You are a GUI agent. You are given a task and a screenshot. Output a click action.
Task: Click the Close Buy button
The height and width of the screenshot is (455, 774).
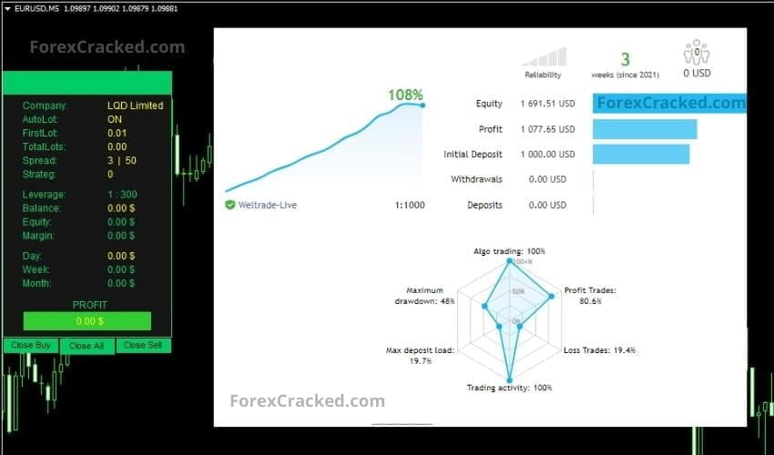(x=31, y=346)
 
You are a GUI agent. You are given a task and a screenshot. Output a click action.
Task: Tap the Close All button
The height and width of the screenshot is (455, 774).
(x=87, y=346)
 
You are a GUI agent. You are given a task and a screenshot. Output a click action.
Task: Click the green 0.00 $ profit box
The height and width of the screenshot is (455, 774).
(x=87, y=321)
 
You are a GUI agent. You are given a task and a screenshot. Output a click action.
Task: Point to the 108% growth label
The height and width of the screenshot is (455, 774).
(x=405, y=95)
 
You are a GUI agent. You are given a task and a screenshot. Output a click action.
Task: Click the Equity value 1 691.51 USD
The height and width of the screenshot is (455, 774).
(x=547, y=104)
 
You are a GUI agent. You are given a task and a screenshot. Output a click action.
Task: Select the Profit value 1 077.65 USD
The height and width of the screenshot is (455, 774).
(x=547, y=129)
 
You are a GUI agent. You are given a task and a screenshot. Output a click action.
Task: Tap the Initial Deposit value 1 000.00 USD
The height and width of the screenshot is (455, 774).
(x=547, y=155)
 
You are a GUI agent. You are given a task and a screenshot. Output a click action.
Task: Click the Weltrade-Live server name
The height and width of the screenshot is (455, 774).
(x=267, y=205)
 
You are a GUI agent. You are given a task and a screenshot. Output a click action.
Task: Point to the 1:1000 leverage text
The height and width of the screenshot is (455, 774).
(x=409, y=205)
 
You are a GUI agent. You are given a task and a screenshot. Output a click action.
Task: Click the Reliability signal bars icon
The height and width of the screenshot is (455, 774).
(x=545, y=57)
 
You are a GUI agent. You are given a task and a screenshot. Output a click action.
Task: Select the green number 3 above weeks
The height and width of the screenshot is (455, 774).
(x=625, y=59)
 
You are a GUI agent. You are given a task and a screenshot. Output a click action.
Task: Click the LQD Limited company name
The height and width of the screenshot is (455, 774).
(x=135, y=106)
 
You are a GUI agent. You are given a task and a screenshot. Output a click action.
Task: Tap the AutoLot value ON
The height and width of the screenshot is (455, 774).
(x=115, y=119)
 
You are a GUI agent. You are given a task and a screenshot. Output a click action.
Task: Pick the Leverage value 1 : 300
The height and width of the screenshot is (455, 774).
(x=122, y=195)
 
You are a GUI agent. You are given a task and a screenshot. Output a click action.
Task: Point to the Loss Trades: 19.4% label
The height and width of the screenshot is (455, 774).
(x=598, y=350)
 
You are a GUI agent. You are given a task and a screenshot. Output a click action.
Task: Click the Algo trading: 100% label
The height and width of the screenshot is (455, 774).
(x=509, y=250)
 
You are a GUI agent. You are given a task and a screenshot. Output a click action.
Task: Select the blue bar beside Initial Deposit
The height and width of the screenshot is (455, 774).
(x=640, y=155)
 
